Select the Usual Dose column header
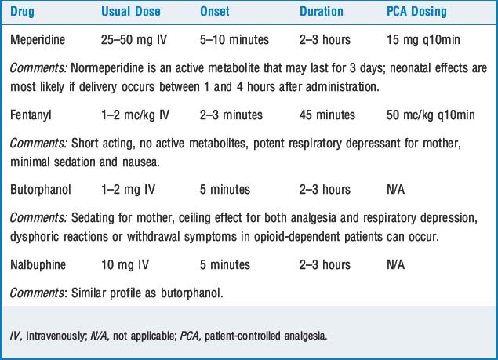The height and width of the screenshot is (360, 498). click(130, 12)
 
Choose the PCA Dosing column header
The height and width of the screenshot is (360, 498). click(416, 12)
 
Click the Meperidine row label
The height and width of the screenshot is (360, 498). click(38, 39)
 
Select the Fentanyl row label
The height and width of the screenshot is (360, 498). click(31, 115)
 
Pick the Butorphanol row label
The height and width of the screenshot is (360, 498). click(40, 190)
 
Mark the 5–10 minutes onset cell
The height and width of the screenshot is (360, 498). click(234, 39)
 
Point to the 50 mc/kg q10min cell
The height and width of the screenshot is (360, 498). click(431, 115)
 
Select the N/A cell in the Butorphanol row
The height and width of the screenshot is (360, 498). click(395, 190)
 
